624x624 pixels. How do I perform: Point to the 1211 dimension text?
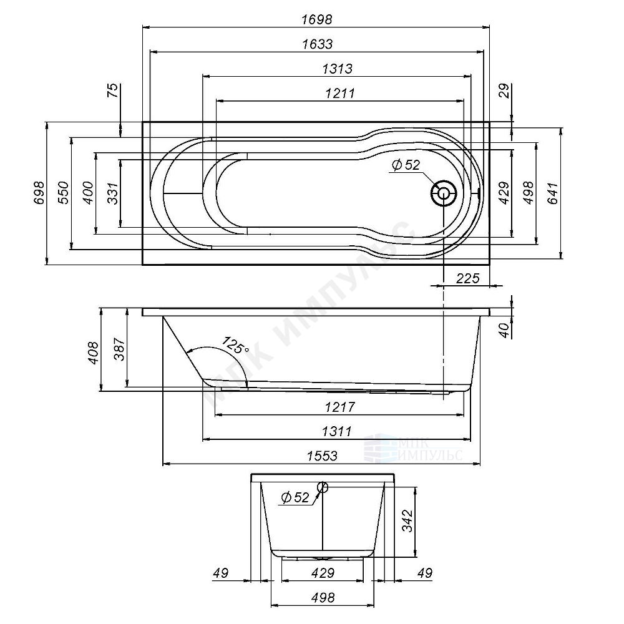point(340,93)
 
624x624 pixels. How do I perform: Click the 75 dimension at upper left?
point(113,92)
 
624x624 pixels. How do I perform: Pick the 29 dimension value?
point(505,91)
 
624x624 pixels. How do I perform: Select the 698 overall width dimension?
point(38,193)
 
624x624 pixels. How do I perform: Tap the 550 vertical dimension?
point(62,193)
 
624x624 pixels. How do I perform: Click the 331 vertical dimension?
point(112,193)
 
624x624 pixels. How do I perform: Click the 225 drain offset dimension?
point(467,278)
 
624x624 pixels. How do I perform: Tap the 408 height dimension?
point(93,353)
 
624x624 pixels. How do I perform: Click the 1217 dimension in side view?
point(340,407)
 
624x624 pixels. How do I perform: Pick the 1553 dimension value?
point(323,456)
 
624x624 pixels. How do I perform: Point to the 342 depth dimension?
point(407,520)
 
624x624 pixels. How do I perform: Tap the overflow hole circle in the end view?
point(323,487)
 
